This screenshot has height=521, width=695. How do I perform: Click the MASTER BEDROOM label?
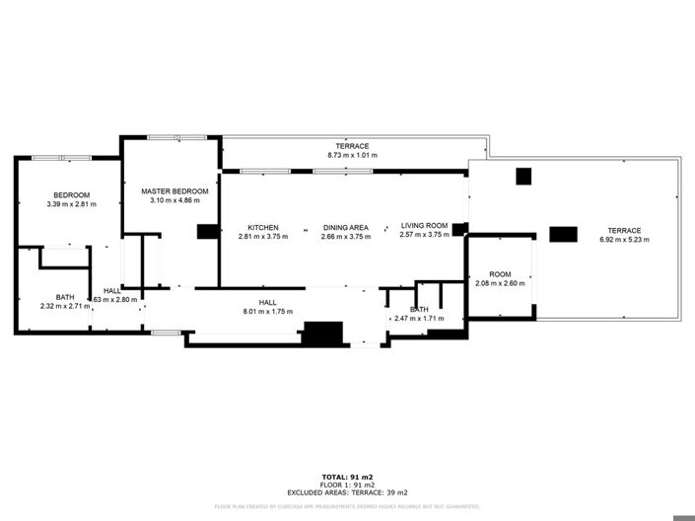coord(174,190)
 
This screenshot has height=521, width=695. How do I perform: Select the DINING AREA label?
coord(346,226)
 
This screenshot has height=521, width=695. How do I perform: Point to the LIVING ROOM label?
coord(424,226)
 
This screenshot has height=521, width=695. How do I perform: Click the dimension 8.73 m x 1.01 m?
coord(352,156)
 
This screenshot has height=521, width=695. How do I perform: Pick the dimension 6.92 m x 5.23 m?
coord(625,240)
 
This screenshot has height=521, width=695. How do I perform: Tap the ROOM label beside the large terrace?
coord(500,274)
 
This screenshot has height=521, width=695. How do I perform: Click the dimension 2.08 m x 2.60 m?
coord(500,284)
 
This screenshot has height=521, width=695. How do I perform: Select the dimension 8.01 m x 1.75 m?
coord(267,312)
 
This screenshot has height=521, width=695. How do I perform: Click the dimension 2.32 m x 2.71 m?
coord(65,307)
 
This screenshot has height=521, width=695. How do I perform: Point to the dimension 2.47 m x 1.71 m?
coord(419,319)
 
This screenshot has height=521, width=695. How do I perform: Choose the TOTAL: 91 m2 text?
coord(347,477)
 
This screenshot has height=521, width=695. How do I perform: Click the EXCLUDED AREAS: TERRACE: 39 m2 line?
coord(347,492)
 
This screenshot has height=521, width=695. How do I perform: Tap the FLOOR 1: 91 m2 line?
coord(347,484)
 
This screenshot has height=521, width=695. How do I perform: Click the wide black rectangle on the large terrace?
coord(563,234)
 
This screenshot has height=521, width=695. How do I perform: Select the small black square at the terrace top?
coord(523,177)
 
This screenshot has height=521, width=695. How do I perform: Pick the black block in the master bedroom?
coord(207,232)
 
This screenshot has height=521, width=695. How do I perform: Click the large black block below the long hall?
coord(321,334)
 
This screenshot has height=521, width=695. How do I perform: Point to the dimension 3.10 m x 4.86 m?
coord(174,200)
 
